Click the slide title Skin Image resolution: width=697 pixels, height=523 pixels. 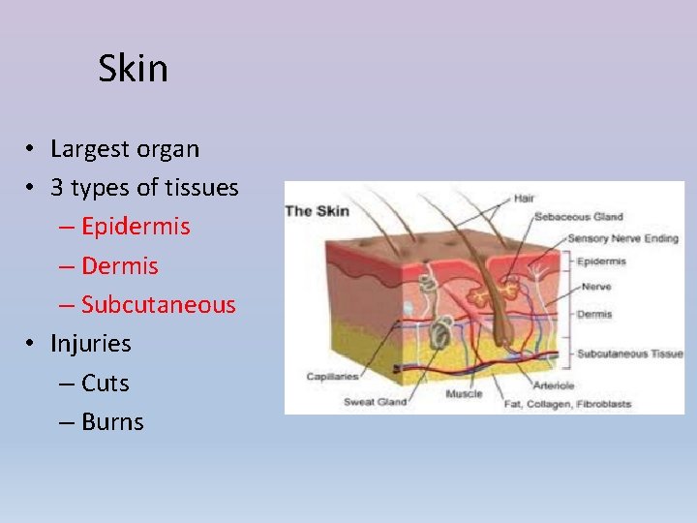click(133, 69)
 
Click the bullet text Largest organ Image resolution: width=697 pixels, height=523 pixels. click(125, 149)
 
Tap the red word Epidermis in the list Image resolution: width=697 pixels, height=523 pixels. click(136, 227)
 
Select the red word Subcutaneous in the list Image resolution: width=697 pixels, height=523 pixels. click(158, 304)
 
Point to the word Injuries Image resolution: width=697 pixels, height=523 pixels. click(91, 343)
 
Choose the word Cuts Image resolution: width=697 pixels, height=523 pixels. click(106, 383)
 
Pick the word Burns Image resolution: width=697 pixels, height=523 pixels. click(112, 421)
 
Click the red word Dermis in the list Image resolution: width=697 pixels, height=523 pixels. click(120, 265)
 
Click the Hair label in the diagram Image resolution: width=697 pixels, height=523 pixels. click(524, 198)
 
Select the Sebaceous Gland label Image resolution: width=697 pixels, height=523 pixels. click(579, 217)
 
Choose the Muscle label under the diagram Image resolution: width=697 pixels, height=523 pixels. click(464, 394)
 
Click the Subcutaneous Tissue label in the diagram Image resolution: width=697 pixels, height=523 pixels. click(629, 354)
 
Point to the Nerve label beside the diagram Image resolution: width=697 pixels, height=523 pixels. click(591, 287)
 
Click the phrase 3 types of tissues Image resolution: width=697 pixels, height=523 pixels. click(144, 188)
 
